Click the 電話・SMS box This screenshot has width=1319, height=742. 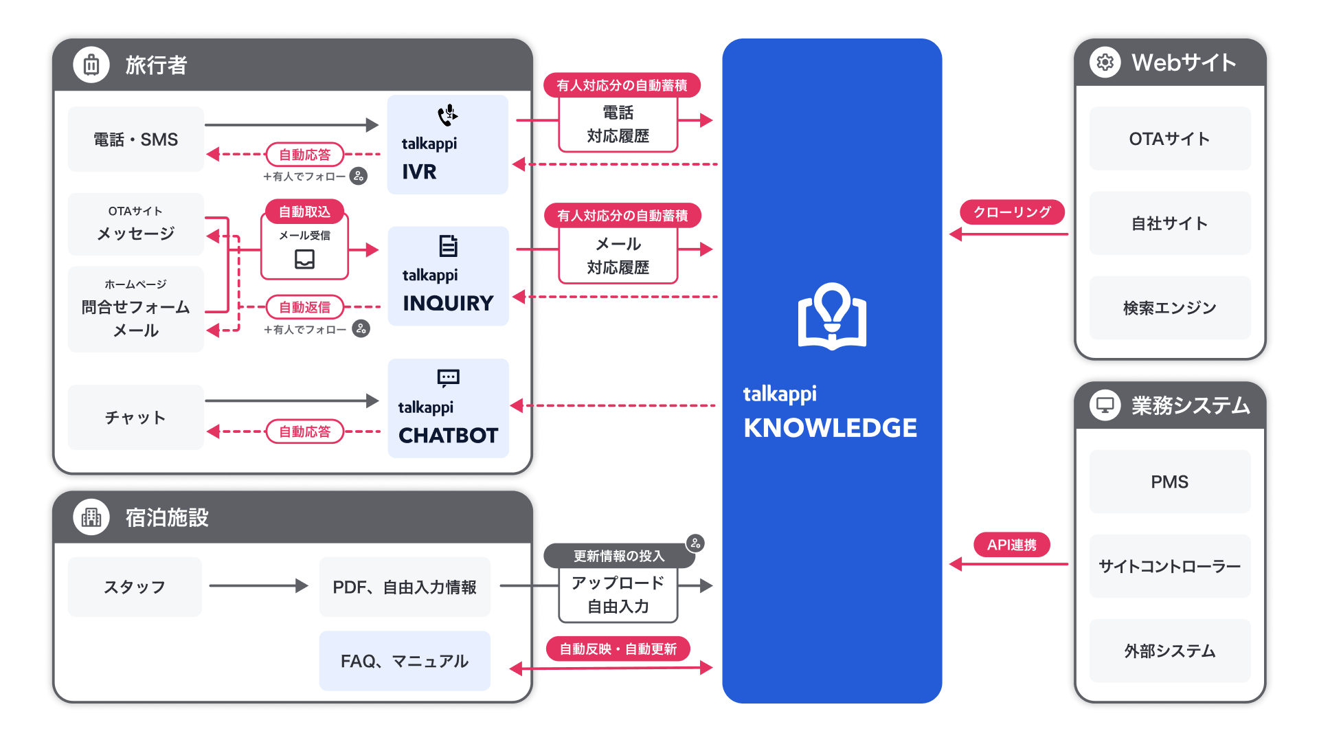pos(136,139)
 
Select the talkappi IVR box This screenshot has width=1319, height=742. pos(447,144)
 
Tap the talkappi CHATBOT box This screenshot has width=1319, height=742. pos(448,408)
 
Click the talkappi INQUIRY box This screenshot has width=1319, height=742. pos(448,276)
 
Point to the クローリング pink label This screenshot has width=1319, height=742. pos(1012,212)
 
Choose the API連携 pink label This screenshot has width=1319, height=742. pos(1012,545)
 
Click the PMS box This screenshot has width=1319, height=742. pos(1170,482)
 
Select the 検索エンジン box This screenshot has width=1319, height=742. pos(1170,308)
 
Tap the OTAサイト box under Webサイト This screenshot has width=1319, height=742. pos(1170,139)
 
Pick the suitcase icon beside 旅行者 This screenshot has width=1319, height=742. pos(91,65)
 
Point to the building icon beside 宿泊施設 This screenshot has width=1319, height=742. pos(91,517)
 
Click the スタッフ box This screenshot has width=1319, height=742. pos(135,587)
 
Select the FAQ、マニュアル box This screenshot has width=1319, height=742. pos(405,661)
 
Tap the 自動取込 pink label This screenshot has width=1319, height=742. pos(304,212)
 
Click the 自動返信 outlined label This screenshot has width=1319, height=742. pos(304,307)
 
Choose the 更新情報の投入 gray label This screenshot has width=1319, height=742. pos(619,556)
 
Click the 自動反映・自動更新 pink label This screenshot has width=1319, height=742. pos(618,649)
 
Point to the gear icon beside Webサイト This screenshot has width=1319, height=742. pos(1105,63)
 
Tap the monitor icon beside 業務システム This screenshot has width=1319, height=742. pos(1105,405)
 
